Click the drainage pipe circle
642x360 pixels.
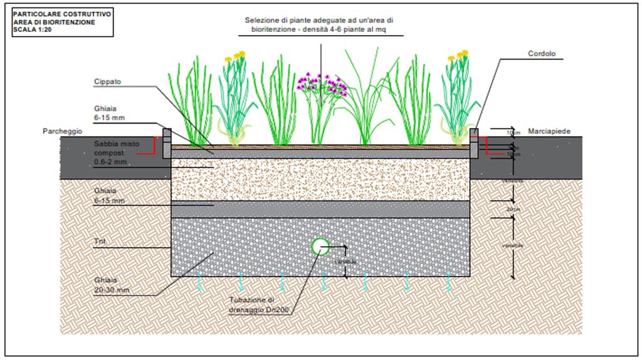(320, 246)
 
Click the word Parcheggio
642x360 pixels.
(63, 131)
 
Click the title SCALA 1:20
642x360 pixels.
(32, 29)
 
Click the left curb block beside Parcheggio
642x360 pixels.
(167, 144)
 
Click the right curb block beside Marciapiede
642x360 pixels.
(474, 144)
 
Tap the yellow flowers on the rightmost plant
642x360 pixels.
(458, 56)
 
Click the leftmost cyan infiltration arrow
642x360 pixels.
(199, 280)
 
